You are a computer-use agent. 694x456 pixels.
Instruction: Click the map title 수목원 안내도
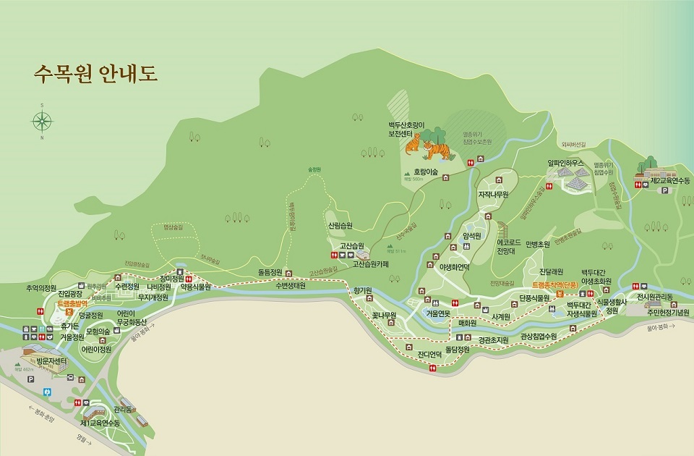(95, 74)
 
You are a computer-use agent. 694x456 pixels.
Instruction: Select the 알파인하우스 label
(565, 163)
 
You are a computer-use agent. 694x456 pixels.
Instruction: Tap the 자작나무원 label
(494, 195)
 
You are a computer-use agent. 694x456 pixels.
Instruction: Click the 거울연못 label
(438, 313)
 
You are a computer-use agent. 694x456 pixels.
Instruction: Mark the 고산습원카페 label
(370, 264)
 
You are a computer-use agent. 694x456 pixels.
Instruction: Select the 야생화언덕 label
(454, 266)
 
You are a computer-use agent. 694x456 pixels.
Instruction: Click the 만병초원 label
(538, 245)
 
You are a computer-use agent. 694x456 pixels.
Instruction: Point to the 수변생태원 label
(290, 285)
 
